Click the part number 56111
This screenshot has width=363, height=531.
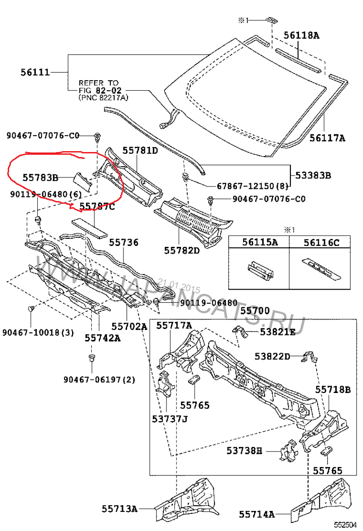point(35,72)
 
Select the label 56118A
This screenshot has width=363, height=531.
point(302,35)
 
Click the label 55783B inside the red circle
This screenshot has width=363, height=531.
point(40,178)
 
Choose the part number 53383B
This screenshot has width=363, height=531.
point(313,174)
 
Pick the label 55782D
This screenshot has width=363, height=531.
point(182,250)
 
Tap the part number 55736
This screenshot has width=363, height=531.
point(123,243)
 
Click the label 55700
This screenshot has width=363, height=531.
point(255,311)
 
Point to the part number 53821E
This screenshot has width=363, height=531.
point(278,332)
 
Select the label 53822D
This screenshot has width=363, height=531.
point(272,356)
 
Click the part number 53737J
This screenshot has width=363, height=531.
point(170,418)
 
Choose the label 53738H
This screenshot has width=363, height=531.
point(245,451)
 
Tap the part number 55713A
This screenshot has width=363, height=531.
point(119,509)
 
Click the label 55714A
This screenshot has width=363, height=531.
point(257,514)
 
